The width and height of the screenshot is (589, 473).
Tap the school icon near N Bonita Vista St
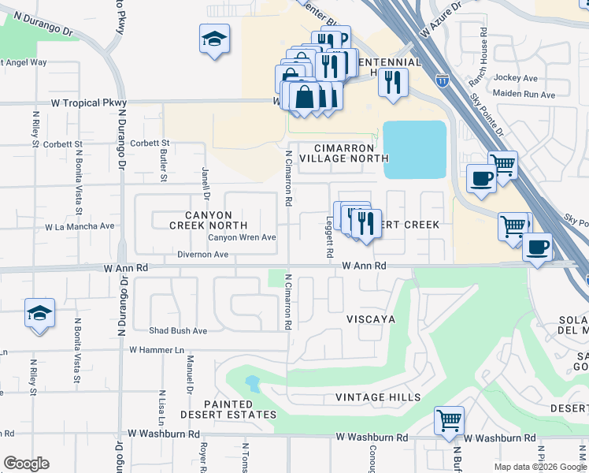click(x=39, y=313)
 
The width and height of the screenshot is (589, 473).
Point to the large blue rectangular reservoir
click(x=414, y=150)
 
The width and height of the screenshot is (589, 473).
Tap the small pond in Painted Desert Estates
click(x=252, y=384)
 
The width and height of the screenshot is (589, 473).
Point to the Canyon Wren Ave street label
click(x=242, y=237)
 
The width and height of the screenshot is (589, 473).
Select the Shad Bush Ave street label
click(x=178, y=330)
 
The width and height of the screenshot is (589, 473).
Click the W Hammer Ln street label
click(x=157, y=349)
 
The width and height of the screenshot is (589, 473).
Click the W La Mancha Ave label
click(x=80, y=225)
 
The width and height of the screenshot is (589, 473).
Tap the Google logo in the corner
click(x=26, y=464)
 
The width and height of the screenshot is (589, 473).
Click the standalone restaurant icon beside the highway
click(x=393, y=82)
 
